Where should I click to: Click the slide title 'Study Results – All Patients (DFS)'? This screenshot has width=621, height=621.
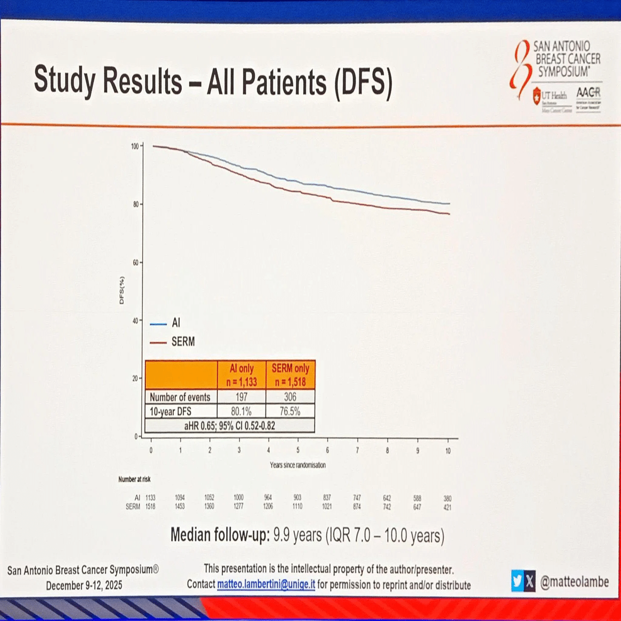coord(213,80)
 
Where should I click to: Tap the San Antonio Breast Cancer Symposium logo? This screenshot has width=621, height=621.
coord(556,75)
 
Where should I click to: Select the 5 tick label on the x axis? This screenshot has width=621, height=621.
coord(298,451)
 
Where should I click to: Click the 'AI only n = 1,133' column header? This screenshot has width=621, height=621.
coord(241,375)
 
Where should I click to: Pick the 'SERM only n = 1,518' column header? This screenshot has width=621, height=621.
coord(290,375)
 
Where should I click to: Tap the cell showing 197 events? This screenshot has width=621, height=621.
coord(241,397)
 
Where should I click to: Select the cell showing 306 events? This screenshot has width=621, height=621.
coord(290,397)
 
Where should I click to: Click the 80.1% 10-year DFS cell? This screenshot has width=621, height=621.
coord(241,412)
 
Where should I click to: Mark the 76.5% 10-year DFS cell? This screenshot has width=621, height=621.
coord(290,412)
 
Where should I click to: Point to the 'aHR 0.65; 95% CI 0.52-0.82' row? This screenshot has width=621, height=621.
coord(230,426)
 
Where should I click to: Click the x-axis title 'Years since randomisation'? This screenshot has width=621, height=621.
coord(298,465)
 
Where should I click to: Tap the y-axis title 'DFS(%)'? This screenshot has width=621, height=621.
coord(122,290)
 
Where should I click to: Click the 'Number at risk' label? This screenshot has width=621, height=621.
coord(134,479)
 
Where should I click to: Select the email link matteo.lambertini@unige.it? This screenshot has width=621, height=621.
coord(266,584)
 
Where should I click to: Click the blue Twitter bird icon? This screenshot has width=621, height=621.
coord(517,581)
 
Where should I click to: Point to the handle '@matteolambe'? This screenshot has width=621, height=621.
coord(575,582)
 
